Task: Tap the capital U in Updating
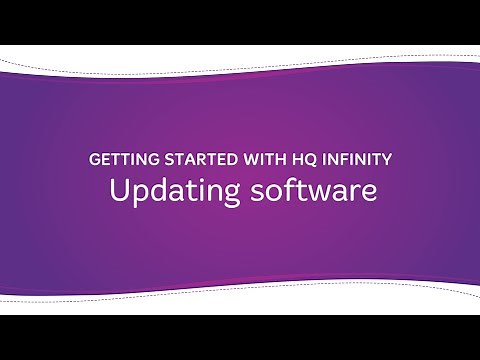pyautogui.click(x=118, y=190)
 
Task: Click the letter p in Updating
pyautogui.click(x=136, y=194)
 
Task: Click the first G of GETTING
pyautogui.click(x=95, y=159)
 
